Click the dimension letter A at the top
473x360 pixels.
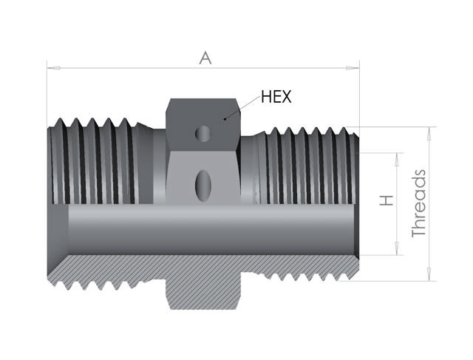(205, 58)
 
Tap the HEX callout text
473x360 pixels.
(276, 97)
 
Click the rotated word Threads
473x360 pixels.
(419, 203)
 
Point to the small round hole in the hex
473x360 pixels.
(202, 133)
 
